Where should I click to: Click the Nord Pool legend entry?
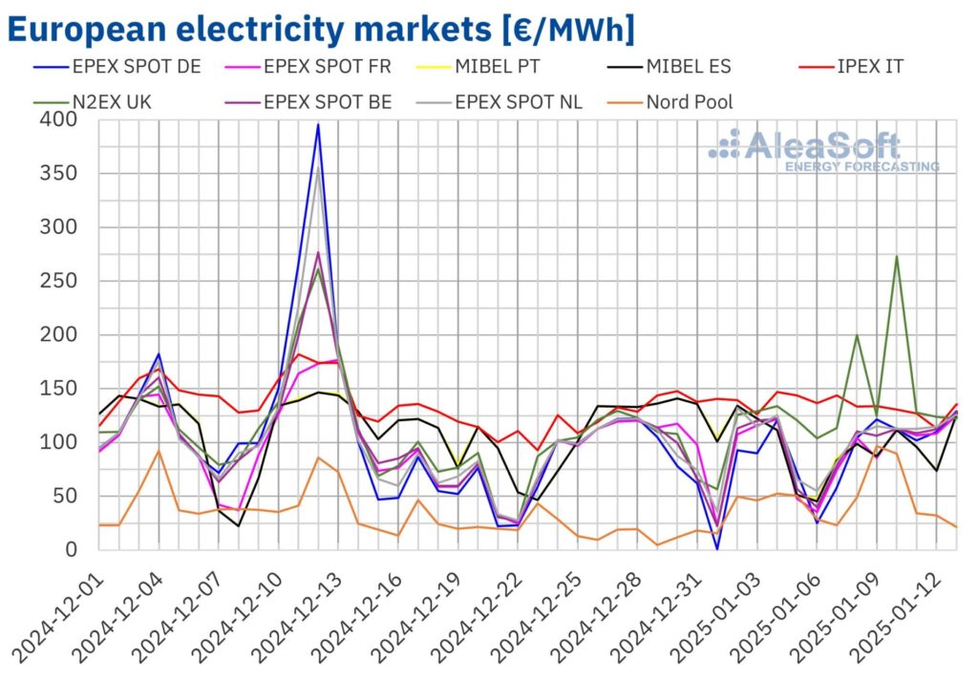[x=689, y=101]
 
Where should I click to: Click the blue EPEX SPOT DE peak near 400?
[x=318, y=125]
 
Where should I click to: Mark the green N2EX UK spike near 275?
[x=897, y=256]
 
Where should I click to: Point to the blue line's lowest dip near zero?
[x=716, y=548]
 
